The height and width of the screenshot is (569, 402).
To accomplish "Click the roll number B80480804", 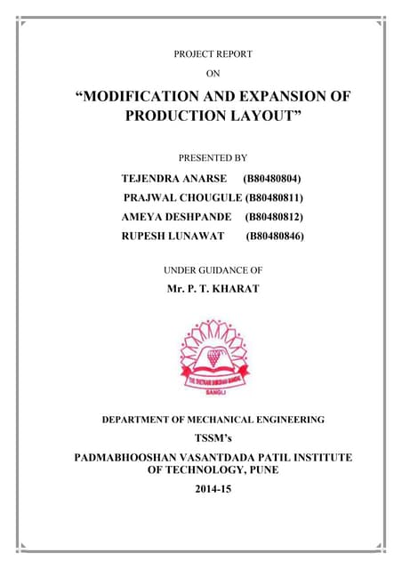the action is click(279, 178).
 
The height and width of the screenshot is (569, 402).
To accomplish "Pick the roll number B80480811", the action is click(279, 197).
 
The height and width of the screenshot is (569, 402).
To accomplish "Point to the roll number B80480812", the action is click(279, 217).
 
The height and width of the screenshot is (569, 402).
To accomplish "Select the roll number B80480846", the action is click(279, 236).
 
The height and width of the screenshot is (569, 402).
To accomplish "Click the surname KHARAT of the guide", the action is click(234, 289).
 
